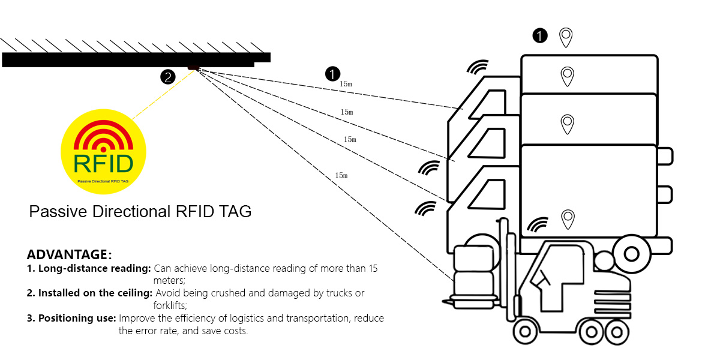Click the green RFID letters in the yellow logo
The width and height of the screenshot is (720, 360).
click(x=103, y=163)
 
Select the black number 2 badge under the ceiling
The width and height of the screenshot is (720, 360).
click(x=167, y=76)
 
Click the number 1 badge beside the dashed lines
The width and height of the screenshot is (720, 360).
click(x=332, y=74)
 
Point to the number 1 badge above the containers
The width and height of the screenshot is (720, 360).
click(x=540, y=35)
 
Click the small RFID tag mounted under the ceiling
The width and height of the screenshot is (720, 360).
click(x=193, y=67)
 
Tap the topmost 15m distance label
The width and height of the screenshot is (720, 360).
click(x=346, y=84)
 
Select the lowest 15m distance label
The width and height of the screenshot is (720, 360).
click(x=341, y=176)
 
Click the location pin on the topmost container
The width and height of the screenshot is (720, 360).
click(x=567, y=76)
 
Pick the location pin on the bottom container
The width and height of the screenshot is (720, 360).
click(x=567, y=220)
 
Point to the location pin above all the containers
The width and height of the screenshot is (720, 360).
click(x=565, y=37)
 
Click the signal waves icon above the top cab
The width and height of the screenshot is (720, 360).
click(x=478, y=67)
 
